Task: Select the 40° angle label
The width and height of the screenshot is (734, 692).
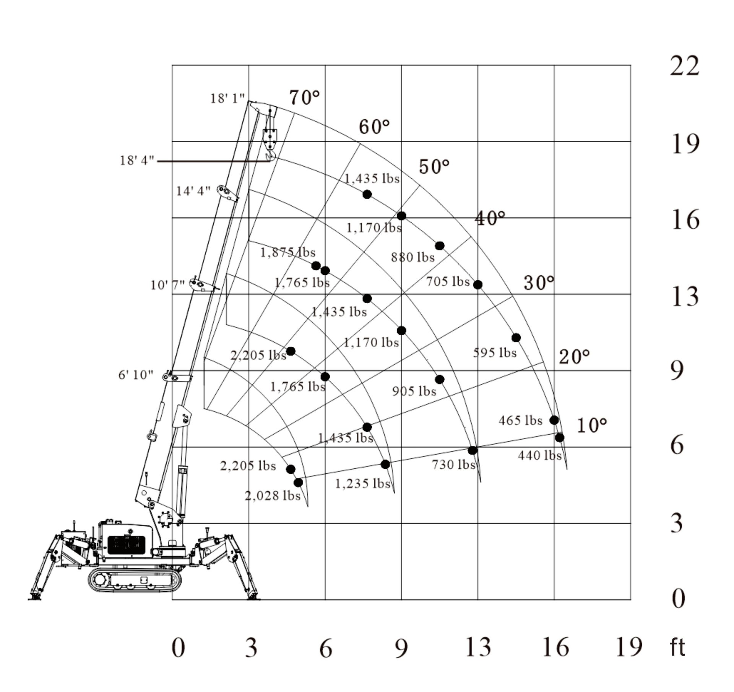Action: point(490,219)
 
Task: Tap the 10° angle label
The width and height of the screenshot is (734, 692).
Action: point(591,425)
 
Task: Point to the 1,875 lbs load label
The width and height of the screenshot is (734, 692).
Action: point(287,252)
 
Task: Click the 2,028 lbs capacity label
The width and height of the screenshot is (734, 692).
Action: point(272,496)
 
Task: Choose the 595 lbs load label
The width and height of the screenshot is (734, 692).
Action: point(495,352)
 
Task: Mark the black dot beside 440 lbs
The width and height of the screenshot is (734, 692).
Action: point(559,438)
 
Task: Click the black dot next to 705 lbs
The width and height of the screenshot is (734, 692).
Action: point(477,285)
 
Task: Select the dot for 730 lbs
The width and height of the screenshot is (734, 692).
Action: point(473,450)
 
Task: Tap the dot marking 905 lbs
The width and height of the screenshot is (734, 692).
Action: point(440,379)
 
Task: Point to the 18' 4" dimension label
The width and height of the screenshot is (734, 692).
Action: point(137,161)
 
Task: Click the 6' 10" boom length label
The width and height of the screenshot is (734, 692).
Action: point(135,375)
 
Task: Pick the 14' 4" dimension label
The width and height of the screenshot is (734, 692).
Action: point(193,191)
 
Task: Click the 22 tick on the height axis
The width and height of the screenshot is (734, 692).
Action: point(684,66)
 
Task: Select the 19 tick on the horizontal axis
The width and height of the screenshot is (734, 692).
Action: point(628,647)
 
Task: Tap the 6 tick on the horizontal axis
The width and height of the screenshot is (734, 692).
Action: point(325,649)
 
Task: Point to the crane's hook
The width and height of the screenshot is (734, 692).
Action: point(270,155)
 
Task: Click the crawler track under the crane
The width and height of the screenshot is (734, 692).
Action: point(134,580)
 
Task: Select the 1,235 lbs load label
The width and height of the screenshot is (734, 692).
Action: point(362,484)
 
